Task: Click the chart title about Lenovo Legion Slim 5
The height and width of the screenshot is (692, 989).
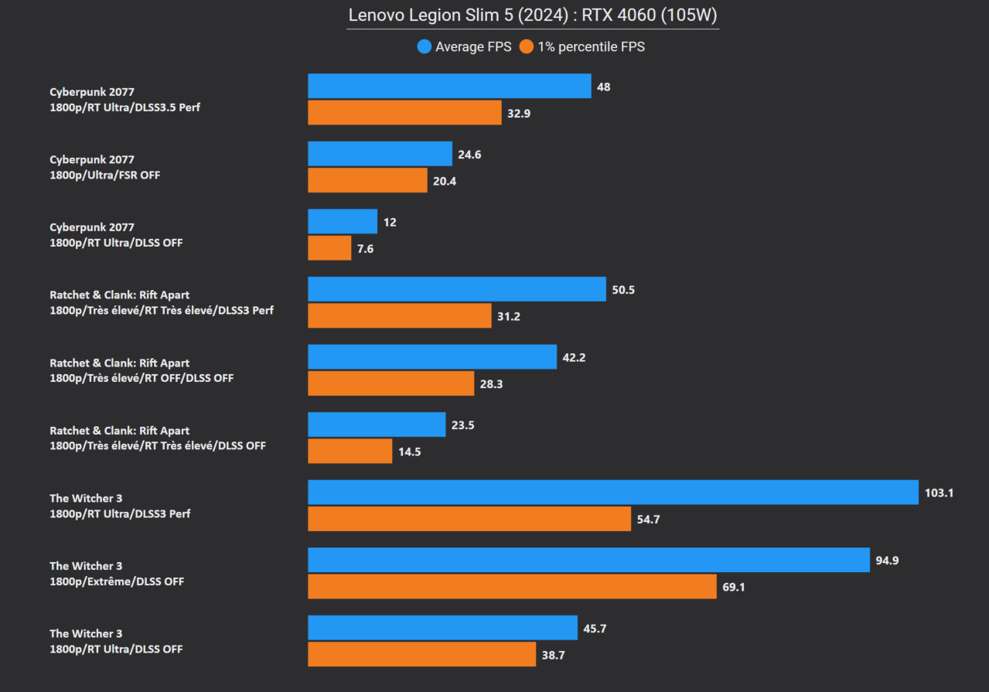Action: coord(532,15)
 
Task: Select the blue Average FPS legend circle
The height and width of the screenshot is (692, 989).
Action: coord(424,47)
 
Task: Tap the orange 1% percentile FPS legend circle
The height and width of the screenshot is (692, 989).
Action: coord(527,47)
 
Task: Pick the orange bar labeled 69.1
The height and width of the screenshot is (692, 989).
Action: coord(512,587)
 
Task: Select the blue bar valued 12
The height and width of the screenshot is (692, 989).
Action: coord(343,221)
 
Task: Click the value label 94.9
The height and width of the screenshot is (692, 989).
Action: coord(887,561)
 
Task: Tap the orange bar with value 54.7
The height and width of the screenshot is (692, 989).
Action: coord(469,519)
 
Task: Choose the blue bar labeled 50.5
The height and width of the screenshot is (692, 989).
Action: coord(456,289)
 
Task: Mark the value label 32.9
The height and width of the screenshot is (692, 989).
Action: coord(518,113)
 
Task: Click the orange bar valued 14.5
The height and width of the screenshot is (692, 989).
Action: coord(350,451)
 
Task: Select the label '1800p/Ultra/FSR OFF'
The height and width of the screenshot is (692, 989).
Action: coord(105,176)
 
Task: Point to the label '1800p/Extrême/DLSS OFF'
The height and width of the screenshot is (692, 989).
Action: coord(117,581)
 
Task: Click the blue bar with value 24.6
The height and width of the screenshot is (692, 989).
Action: coord(380,154)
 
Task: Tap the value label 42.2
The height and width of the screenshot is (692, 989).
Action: coord(574,357)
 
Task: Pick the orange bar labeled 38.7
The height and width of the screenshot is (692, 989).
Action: coord(421,654)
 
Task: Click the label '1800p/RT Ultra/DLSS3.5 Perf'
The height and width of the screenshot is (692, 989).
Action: coord(124,107)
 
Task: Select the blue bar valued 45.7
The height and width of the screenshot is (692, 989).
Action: coord(442,628)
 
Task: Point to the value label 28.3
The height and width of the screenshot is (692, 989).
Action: coord(491,383)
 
